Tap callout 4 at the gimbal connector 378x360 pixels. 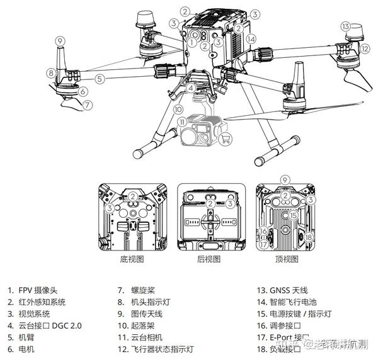pos(189,87)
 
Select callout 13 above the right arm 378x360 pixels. pos(345,26)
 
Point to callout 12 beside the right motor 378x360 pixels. pos(365,47)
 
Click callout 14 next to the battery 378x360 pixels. pos(251,39)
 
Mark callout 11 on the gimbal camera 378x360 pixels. pos(181,121)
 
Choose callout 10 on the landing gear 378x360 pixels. pos(178,109)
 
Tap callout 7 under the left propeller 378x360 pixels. pos(88,104)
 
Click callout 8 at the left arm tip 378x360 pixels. pos(51,72)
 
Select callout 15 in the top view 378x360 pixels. pos(293,215)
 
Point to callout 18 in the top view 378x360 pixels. pos(309,236)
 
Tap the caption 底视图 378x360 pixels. pos(132,259)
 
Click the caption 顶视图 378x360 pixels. pos(285,259)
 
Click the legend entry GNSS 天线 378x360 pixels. pos(287,291)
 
